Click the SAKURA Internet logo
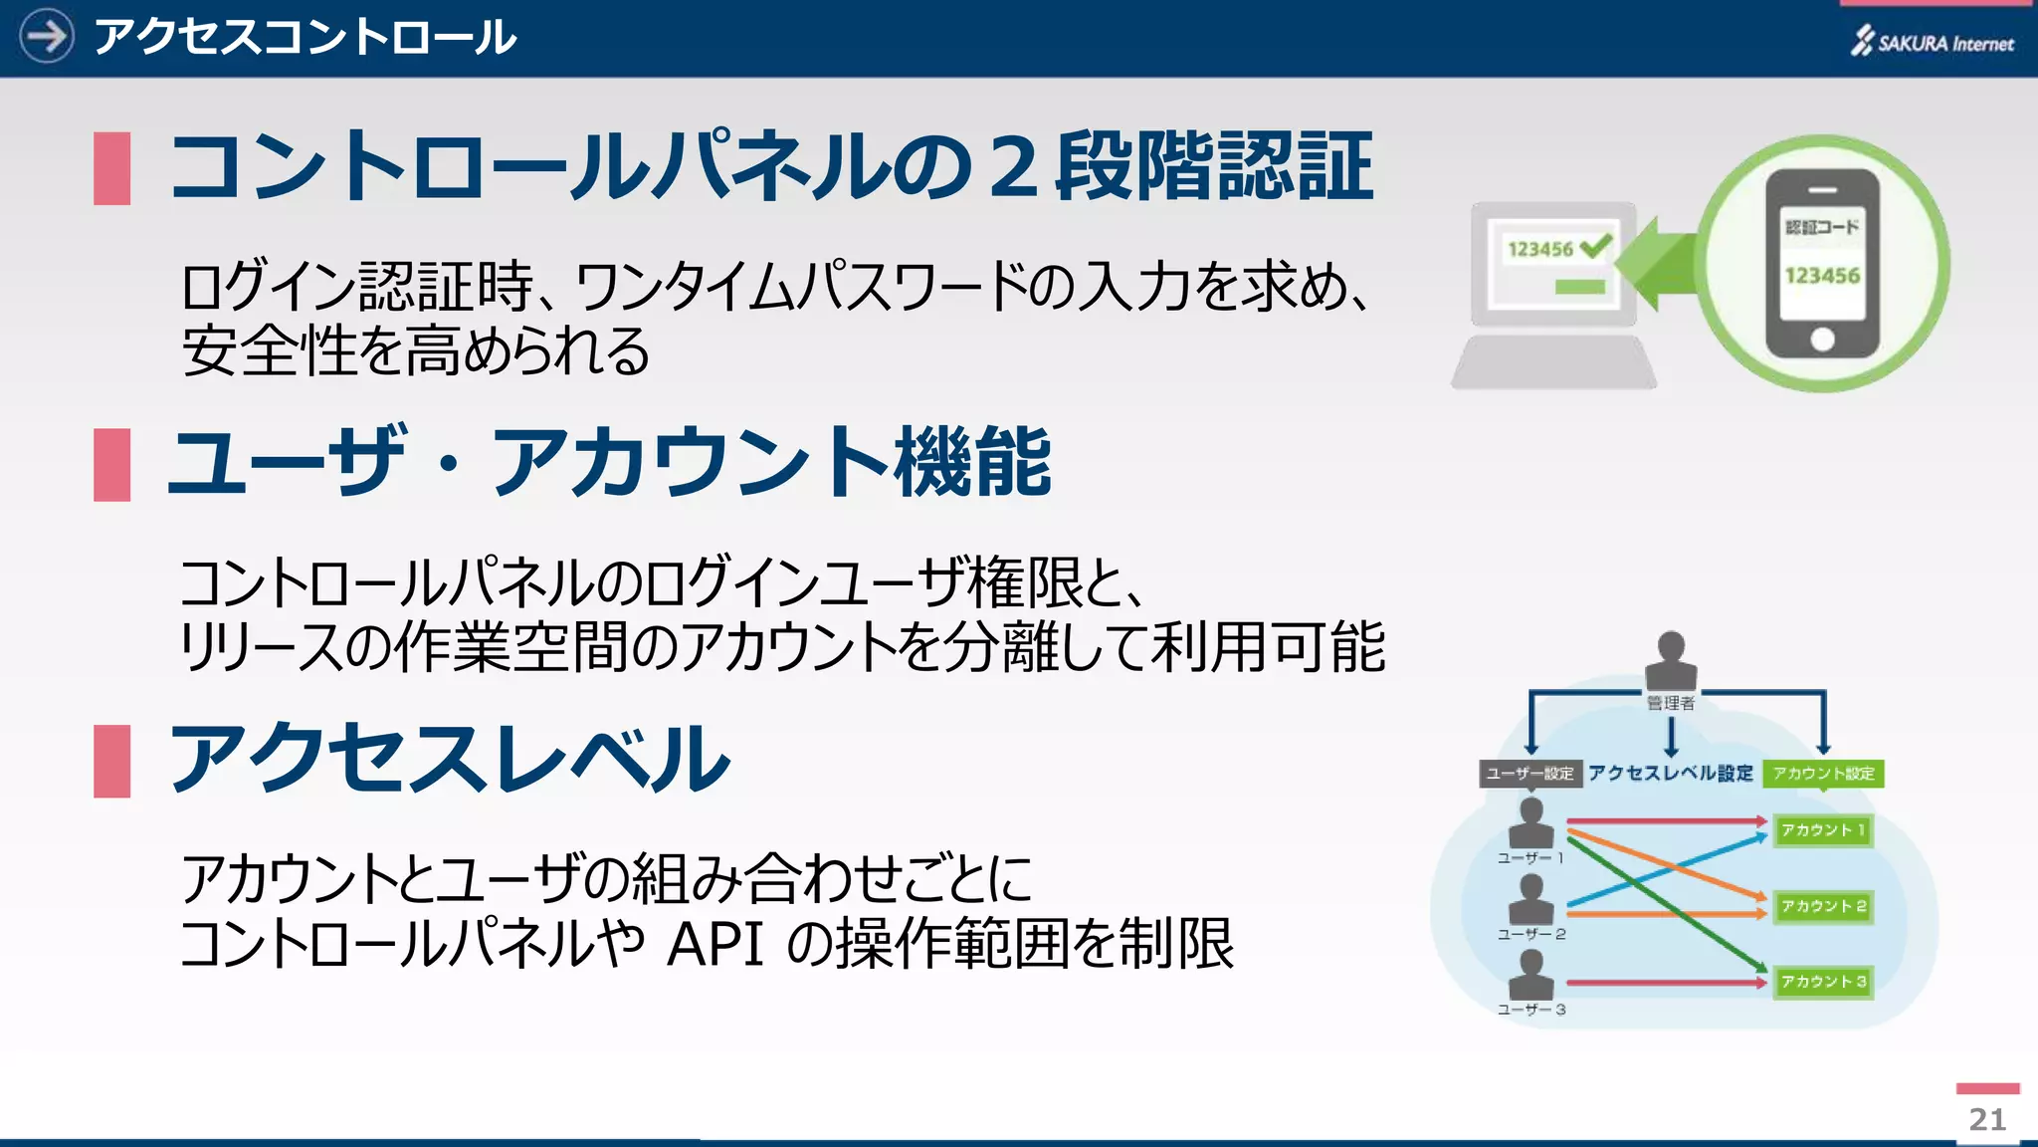(1933, 42)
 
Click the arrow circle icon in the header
(46, 37)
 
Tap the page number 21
(1987, 1119)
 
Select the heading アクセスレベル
(451, 760)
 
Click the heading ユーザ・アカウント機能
(610, 462)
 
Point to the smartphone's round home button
(1822, 340)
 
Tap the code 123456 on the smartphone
(1822, 276)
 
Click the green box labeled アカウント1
(1823, 830)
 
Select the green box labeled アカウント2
(1823, 906)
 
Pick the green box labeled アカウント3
(1823, 982)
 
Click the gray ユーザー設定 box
(1529, 774)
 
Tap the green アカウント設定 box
(1823, 774)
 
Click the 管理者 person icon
(1671, 659)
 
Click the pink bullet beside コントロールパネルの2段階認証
(111, 168)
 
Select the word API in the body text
(714, 944)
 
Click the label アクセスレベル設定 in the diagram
(1671, 774)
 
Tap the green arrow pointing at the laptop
(1657, 264)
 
